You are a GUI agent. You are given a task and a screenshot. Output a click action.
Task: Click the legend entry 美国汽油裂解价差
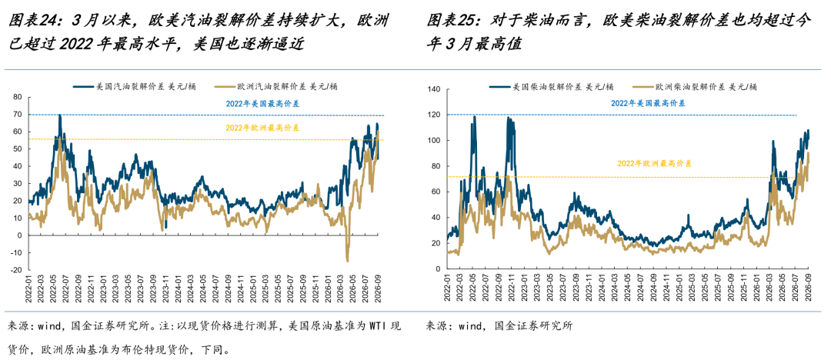tap(135, 86)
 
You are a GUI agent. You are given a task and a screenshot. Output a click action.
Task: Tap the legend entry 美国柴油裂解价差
tap(552, 86)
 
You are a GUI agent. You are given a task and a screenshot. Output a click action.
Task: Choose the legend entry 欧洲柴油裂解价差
tap(694, 86)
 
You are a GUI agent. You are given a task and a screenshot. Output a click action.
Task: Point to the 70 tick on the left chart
tap(17, 115)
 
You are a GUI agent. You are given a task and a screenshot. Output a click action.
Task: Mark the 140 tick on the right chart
tap(435, 89)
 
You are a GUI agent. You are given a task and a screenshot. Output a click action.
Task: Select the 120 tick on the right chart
tap(435, 115)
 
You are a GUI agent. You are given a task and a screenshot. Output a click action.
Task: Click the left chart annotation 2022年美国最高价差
tap(262, 104)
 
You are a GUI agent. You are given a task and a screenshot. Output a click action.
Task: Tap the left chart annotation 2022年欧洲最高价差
tap(262, 128)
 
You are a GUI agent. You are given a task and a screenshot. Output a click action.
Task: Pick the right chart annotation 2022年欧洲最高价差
tap(655, 165)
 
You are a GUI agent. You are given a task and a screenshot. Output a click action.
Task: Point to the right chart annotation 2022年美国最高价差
tap(648, 103)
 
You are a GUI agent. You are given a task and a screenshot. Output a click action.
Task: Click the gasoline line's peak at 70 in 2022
tap(60, 115)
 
